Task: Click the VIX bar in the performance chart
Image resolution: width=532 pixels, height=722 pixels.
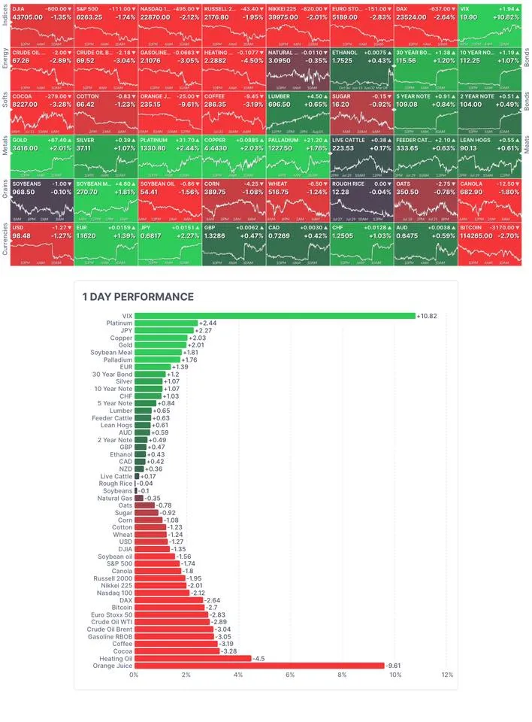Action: [x=274, y=316]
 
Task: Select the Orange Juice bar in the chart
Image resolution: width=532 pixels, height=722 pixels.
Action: [x=259, y=665]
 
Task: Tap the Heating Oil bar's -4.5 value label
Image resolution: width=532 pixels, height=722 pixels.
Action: [x=260, y=657]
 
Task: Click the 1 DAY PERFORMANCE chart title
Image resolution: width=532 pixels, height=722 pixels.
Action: [x=138, y=297]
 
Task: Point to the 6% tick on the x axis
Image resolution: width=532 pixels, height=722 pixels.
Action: [x=290, y=675]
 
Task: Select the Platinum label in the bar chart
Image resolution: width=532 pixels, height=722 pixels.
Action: [x=119, y=323]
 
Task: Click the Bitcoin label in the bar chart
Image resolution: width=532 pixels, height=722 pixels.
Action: [x=122, y=606]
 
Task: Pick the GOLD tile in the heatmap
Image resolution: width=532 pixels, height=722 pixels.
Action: [x=42, y=154]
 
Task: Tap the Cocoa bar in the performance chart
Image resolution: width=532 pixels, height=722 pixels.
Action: [x=177, y=650]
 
